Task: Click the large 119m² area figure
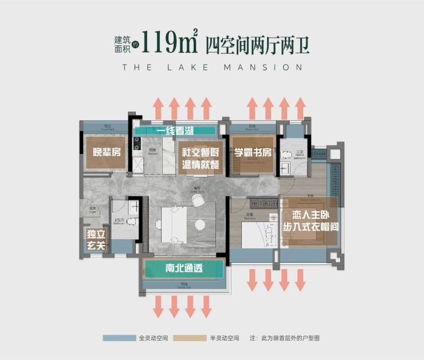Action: coord(169,42)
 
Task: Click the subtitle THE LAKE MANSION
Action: coord(212,67)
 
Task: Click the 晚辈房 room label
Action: coord(104,152)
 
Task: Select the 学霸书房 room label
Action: coord(252,153)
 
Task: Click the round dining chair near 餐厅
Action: coord(198,199)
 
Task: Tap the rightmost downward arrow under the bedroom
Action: coord(300,280)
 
